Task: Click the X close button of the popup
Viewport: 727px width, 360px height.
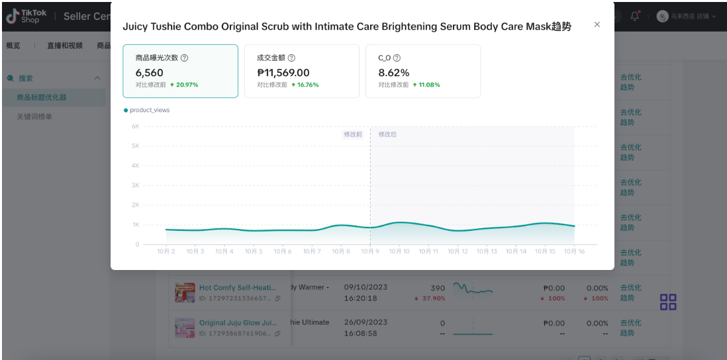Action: point(597,24)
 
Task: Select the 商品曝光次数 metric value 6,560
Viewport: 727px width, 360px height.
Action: point(149,73)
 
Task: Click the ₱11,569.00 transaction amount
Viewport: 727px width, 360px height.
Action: point(283,73)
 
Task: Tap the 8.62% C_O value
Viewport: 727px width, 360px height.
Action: point(394,73)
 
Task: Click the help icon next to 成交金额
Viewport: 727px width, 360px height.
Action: point(292,58)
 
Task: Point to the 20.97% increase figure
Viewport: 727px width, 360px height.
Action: point(187,85)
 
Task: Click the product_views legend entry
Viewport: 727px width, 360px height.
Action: point(149,110)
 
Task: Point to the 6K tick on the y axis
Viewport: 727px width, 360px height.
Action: point(134,126)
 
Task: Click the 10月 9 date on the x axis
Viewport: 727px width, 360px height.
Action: point(369,251)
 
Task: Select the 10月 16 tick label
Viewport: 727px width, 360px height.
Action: point(573,251)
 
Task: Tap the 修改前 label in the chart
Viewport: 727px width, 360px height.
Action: point(352,134)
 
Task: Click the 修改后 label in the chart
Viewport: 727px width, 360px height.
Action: point(387,134)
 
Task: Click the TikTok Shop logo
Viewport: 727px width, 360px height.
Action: point(27,16)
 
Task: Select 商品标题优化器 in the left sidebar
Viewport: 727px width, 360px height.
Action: point(42,97)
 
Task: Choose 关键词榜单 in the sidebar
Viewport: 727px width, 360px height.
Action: point(34,116)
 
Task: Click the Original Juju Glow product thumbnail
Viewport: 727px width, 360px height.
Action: point(184,328)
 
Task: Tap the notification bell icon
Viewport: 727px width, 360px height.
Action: point(634,16)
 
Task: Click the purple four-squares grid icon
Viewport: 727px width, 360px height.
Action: point(668,302)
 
